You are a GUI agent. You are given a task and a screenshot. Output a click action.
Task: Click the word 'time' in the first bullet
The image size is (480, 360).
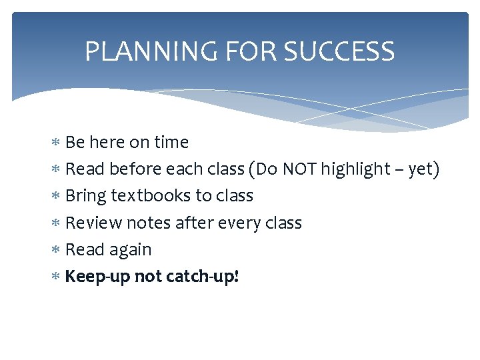click(171, 143)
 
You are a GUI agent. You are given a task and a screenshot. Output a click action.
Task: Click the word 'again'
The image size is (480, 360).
click(131, 250)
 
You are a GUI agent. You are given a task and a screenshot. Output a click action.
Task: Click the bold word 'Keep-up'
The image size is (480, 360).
click(97, 277)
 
